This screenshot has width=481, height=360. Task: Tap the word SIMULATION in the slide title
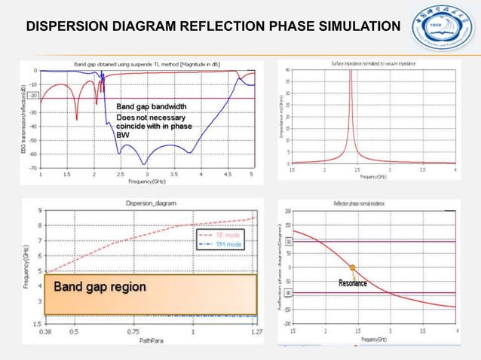click(351, 29)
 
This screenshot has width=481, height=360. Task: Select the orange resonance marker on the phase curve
click(352, 267)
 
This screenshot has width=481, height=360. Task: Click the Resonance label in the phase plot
click(352, 284)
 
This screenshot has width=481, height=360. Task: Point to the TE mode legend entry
click(229, 236)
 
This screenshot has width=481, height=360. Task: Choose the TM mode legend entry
click(229, 245)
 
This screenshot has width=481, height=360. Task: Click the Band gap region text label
click(99, 287)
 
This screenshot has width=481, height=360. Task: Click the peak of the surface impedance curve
click(349, 72)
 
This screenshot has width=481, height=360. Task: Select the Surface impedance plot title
click(369, 64)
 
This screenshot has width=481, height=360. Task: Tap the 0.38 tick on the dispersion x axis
click(46, 331)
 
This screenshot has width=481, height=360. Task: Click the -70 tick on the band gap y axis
click(35, 167)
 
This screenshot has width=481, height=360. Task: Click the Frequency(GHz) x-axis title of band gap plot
click(147, 182)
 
